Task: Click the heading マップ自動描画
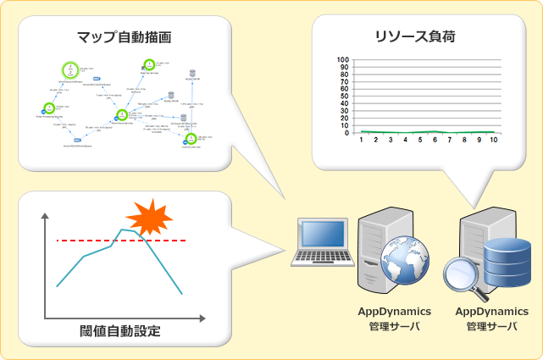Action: (x=125, y=37)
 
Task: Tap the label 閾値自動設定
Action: (x=125, y=330)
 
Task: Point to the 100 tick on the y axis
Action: (x=342, y=60)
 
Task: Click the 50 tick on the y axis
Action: (x=344, y=97)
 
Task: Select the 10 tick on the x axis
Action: (x=493, y=140)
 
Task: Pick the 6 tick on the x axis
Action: (x=435, y=140)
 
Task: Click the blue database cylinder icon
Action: (x=502, y=261)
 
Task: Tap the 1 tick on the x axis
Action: (x=361, y=140)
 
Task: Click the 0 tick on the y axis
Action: (x=346, y=133)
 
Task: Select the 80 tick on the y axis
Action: (x=344, y=75)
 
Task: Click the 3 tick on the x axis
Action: (x=391, y=140)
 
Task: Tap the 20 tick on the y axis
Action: (x=344, y=119)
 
